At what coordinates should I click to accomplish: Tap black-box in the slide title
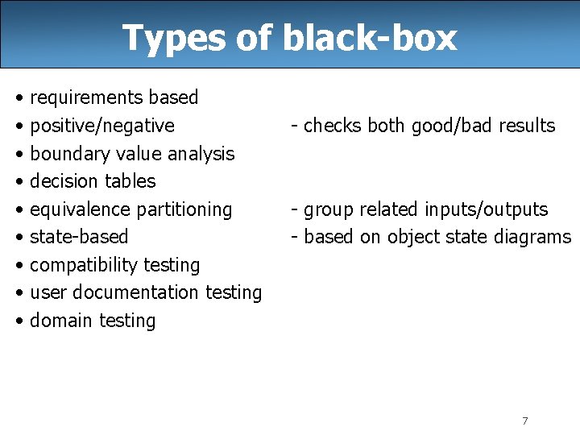(x=370, y=37)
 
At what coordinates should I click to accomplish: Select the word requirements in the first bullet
(x=86, y=98)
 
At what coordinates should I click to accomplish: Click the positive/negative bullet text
(x=101, y=126)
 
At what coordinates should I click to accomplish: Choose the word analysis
(x=200, y=154)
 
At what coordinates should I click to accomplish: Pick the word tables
(x=131, y=181)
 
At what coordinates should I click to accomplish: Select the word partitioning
(x=184, y=209)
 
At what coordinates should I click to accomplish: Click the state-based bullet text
(x=79, y=237)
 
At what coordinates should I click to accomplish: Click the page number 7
(x=525, y=420)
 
